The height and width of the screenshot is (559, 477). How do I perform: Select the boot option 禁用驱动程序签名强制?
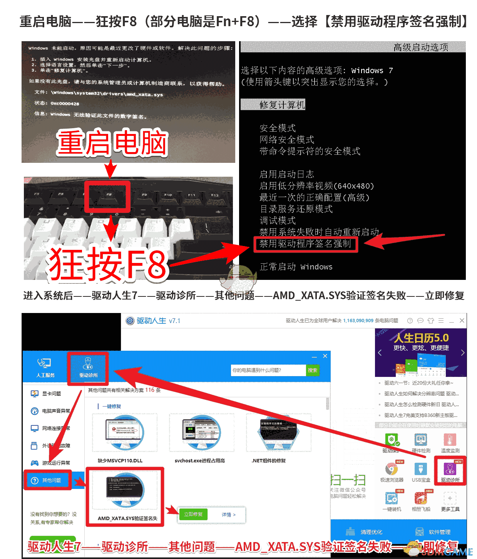pos(305,244)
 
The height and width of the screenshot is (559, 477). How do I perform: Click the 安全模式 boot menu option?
pos(278,128)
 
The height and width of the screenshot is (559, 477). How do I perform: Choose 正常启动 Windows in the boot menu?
pos(296,267)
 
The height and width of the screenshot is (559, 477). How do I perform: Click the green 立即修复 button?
pos(193,514)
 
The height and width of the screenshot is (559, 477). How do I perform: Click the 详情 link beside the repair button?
pos(228,515)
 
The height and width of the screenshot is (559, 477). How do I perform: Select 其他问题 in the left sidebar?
pos(51,480)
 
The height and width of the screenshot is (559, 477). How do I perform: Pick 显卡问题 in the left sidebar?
pos(51,393)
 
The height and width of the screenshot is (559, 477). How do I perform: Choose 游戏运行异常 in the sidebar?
pos(55,463)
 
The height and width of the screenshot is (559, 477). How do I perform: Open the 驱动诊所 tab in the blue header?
pos(88,367)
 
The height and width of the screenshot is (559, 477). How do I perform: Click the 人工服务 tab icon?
pos(45,367)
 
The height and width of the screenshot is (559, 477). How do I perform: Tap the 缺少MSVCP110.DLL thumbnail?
pos(124,433)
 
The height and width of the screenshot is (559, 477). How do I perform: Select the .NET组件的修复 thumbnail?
pos(278,433)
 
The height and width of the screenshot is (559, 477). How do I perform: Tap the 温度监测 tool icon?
pos(450,441)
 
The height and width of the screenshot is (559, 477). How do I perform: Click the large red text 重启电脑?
pos(112,142)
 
